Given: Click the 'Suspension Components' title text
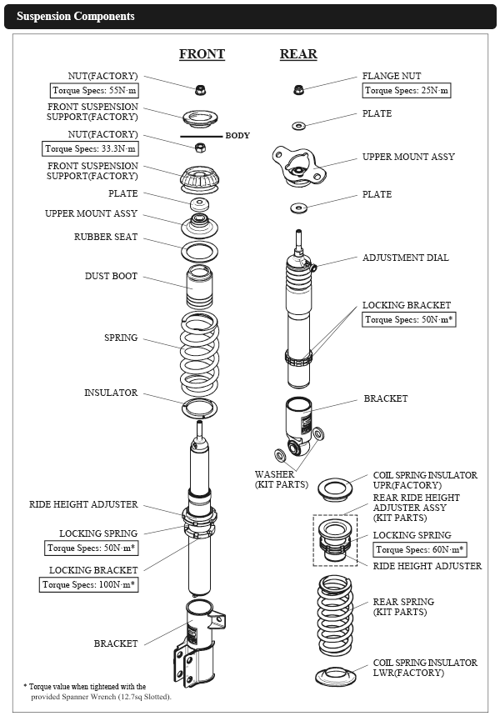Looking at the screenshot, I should point(76,17).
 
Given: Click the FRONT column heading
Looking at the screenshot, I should point(202,54).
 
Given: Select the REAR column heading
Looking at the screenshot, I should point(297,54).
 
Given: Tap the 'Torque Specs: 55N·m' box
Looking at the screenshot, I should point(92,90).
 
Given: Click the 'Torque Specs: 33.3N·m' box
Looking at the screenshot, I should point(90,148).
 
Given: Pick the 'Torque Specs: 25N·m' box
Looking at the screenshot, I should point(407,90).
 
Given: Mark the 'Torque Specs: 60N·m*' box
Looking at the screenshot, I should point(420,549).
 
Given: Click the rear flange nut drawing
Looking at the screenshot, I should point(297,89).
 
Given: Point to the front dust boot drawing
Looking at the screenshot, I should point(200,288).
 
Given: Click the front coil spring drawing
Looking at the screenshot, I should point(200,353).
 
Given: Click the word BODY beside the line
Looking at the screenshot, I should point(237,135).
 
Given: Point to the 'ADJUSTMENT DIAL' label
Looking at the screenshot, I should point(405,258).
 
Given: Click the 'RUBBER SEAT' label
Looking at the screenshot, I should point(106,237).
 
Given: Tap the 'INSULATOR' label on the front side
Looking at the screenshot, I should point(111,393).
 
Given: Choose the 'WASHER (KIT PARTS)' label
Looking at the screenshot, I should point(281,479).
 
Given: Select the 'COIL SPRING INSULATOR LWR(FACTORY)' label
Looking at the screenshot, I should point(425,668).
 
